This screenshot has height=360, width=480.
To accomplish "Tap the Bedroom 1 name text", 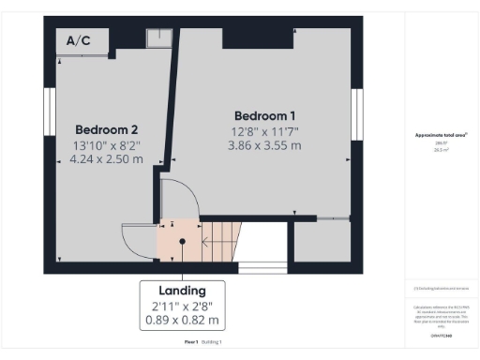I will point(263,114).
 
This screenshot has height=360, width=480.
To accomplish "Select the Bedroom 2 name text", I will point(107,128).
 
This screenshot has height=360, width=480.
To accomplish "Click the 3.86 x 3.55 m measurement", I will point(263,145).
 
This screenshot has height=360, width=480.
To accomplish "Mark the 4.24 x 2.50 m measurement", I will point(107,159).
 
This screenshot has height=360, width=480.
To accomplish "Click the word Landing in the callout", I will point(183,290).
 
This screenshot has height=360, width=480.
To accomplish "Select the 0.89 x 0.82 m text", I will point(183,322).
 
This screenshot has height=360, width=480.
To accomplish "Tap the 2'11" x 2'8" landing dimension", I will point(183,306).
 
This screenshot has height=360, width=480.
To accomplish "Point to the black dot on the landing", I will point(183,242).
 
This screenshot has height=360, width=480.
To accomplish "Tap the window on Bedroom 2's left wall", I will point(48,113).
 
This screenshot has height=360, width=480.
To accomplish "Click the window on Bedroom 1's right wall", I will point(356,113).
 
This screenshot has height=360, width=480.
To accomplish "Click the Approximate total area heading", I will point(441,135).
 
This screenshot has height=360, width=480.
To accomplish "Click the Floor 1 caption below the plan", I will point(190,342).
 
